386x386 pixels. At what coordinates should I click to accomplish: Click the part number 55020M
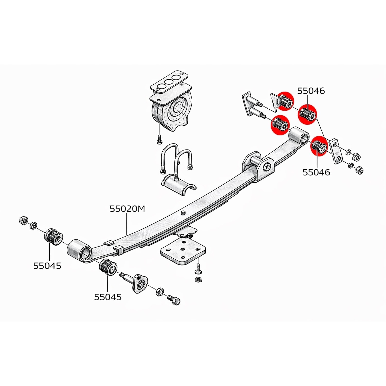127,208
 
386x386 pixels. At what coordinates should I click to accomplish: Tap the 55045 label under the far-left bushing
47,266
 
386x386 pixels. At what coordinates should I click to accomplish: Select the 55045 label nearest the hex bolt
108,297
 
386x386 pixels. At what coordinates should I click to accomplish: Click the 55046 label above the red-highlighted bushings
311,91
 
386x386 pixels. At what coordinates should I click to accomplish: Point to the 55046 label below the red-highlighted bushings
316,172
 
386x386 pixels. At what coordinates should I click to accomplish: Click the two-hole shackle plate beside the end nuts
336,151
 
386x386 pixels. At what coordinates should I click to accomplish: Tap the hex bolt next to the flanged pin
174,300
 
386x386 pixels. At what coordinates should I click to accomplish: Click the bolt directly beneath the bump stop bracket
159,139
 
